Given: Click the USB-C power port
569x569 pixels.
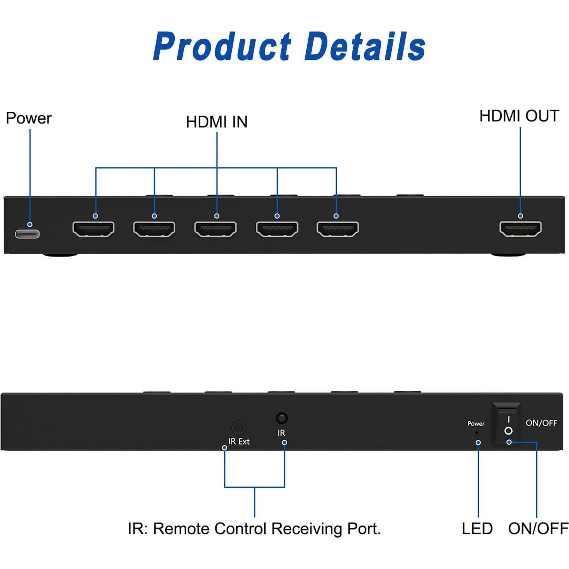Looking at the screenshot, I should coord(27,233).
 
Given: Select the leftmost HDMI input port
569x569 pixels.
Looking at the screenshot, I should coord(93,229).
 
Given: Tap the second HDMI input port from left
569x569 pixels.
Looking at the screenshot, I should coord(154,229).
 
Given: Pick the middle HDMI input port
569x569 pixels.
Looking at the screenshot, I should coord(215,229).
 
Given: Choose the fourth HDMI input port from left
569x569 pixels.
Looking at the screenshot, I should coord(277,229).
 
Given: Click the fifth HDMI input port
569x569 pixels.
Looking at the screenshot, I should coord(338,229).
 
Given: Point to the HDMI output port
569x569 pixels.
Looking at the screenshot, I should coord(520,229).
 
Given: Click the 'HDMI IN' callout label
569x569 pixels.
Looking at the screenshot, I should coord(217,122).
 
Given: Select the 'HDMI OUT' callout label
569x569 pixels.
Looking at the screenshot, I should coord(519,116).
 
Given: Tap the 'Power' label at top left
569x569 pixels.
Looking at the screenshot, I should coord(29,119).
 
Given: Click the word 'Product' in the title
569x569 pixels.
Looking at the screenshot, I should coord(222,47).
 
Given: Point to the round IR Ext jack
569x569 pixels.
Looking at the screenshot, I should coord(239,427).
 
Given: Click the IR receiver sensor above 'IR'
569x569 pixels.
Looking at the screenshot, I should coord(282,418).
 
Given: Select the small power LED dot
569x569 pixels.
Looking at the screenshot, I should coord(476,433).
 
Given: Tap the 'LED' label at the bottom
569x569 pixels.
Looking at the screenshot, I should coord(477,529).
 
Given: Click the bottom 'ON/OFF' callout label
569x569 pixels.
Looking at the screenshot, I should coord(538,529).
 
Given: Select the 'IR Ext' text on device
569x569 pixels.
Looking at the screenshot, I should coord(239,441).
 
